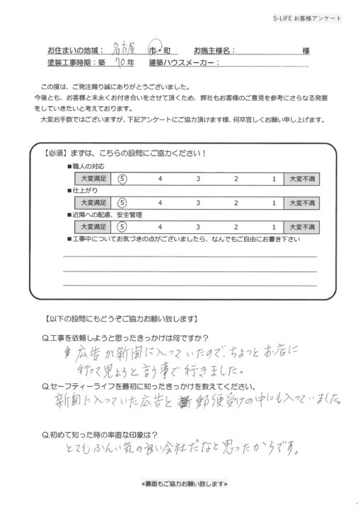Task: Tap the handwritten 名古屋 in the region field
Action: pos(125,50)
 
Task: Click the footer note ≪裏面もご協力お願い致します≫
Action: pos(180,484)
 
